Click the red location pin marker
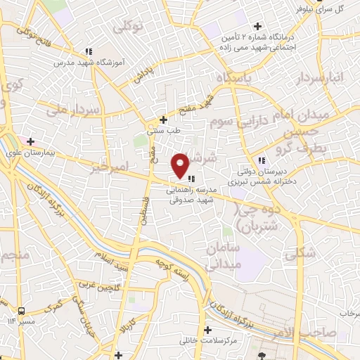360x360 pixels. (x=181, y=165)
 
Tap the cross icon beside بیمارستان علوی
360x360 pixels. (x=30, y=141)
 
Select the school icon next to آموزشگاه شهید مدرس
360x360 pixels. (x=89, y=51)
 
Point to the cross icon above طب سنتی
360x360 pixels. (x=164, y=120)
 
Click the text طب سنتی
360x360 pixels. (x=160, y=130)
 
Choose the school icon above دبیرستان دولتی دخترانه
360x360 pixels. (x=262, y=159)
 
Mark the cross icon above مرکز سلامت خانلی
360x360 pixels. (x=207, y=329)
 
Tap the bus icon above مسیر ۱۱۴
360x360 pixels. (x=22, y=311)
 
